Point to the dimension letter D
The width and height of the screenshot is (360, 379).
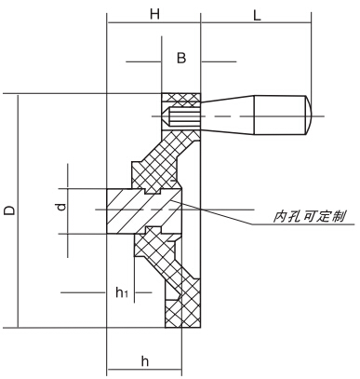(8, 211)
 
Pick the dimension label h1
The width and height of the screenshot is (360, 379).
(121, 292)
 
